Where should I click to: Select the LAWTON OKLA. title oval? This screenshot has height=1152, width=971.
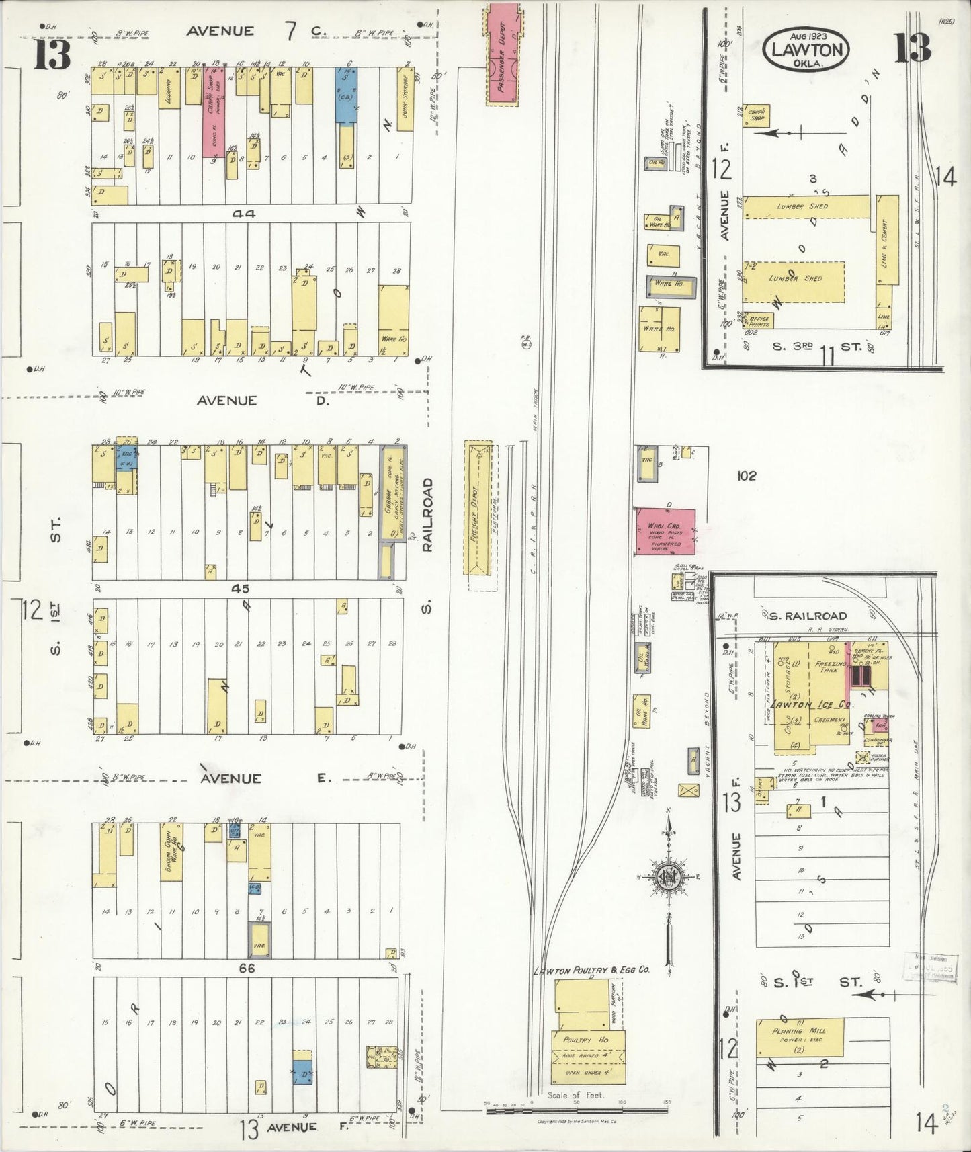point(806,48)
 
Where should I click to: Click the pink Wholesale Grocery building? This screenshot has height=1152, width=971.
point(665,531)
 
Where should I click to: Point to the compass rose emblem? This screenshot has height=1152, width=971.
point(669,877)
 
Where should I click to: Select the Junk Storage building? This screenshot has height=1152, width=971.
point(405,101)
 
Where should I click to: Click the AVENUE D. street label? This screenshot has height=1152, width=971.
point(259,401)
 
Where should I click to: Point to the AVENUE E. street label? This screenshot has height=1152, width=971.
point(262,778)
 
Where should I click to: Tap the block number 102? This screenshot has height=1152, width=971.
point(746,476)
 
